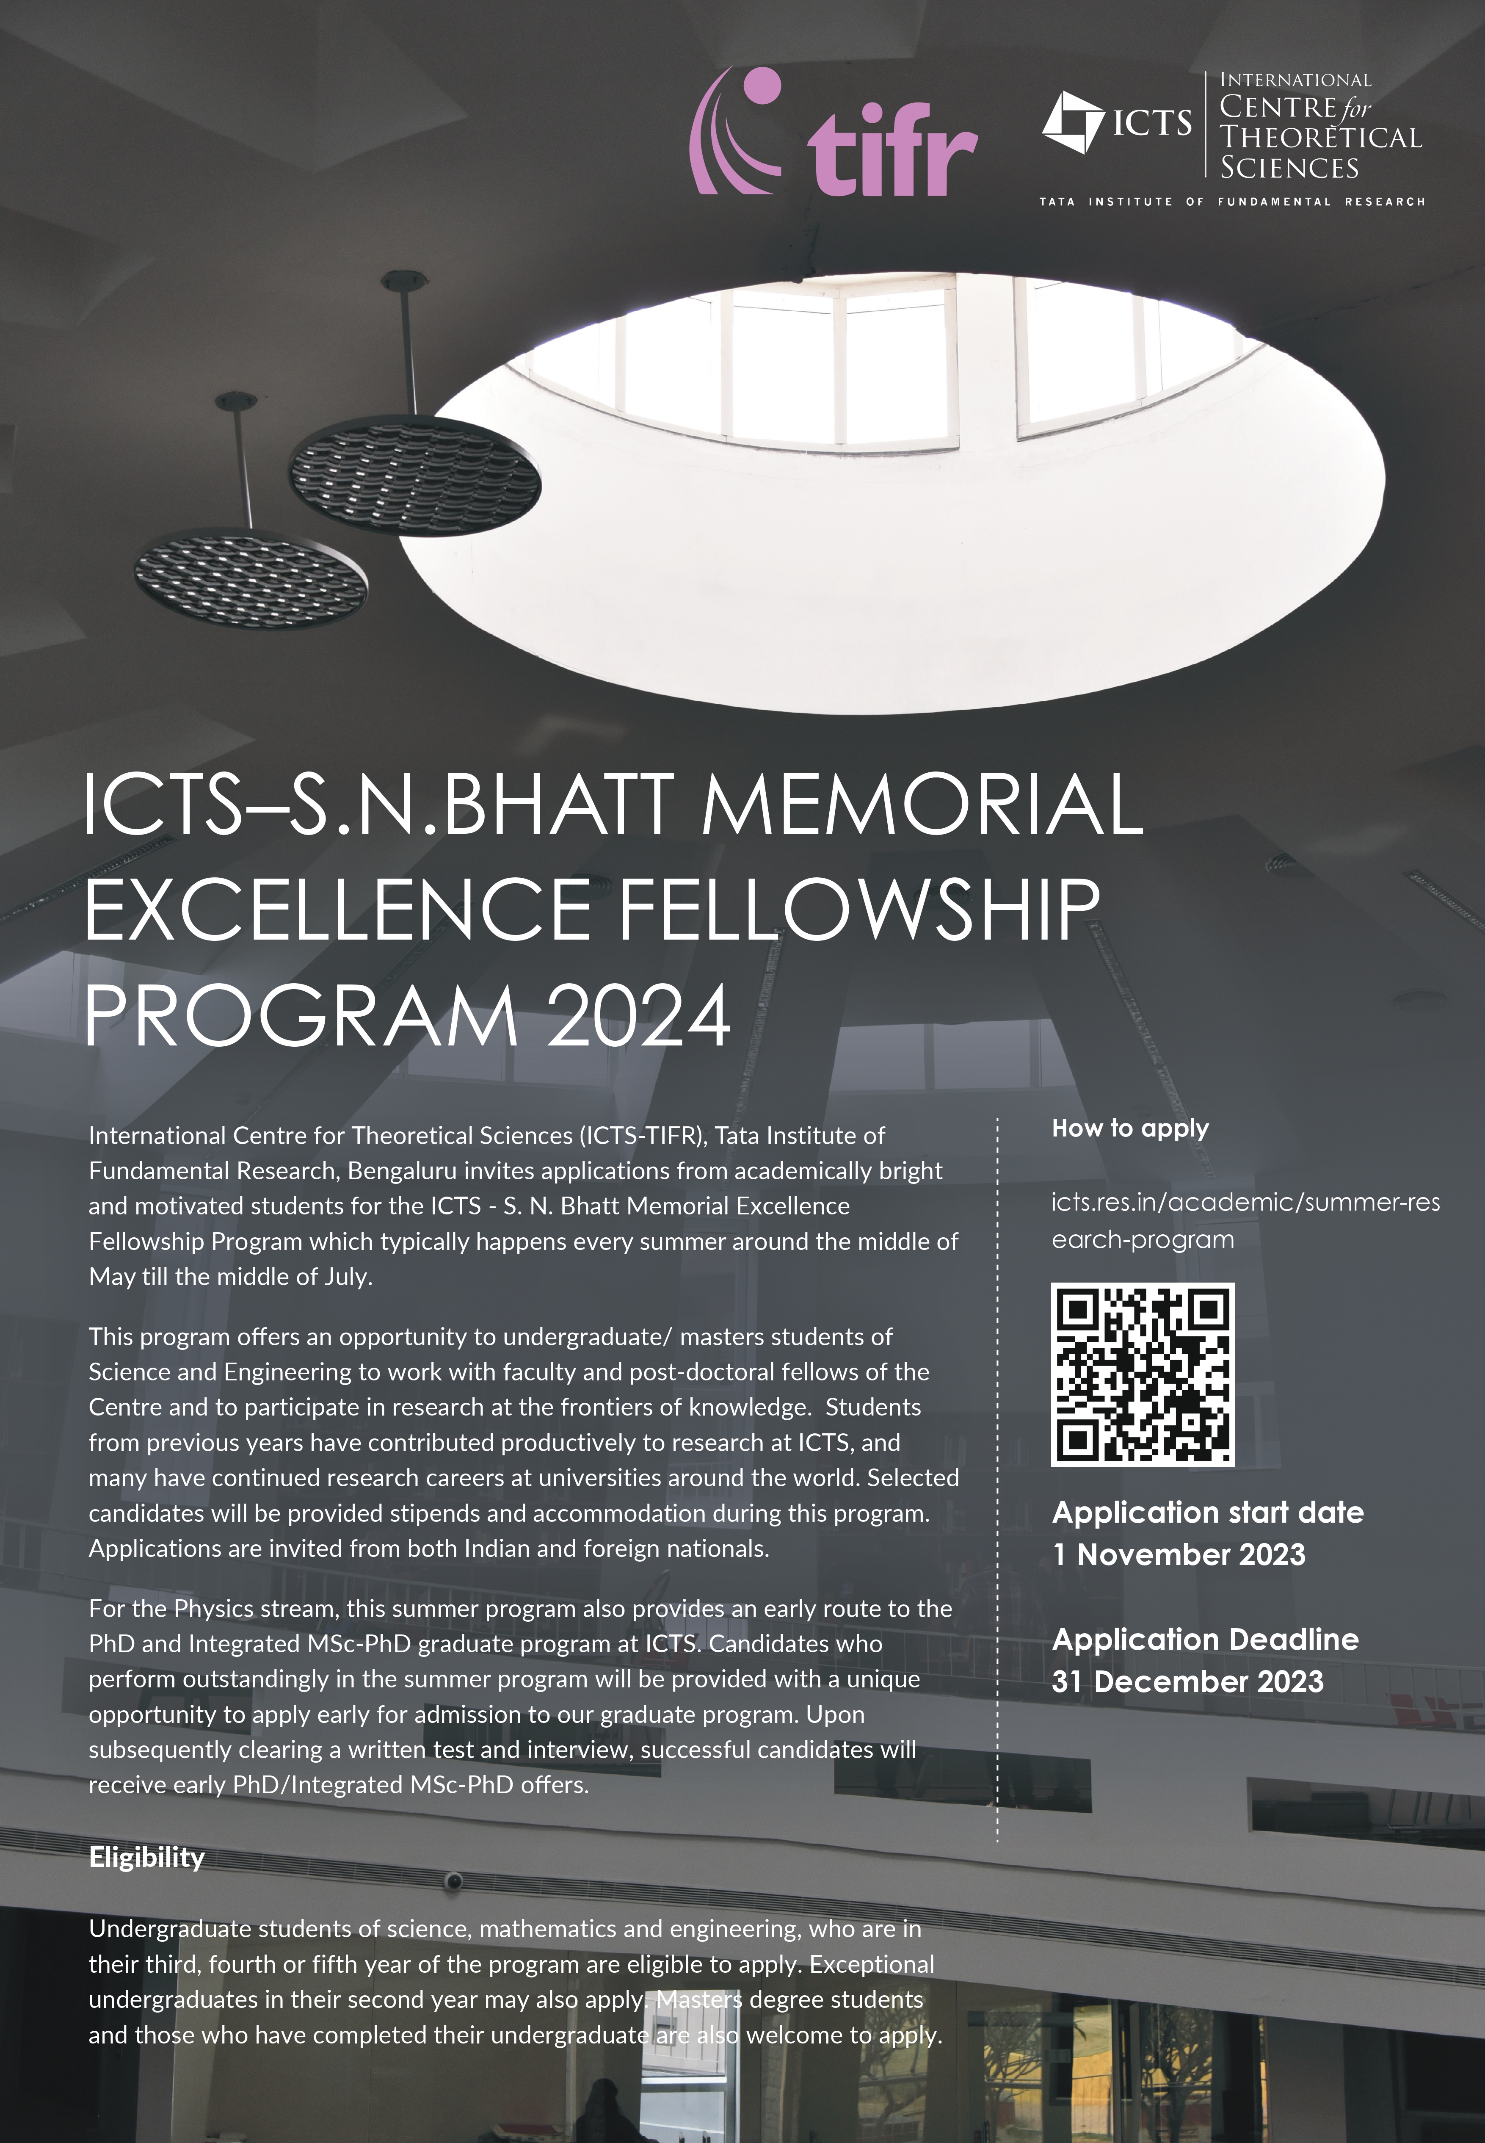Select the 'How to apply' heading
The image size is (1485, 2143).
coord(1129,1129)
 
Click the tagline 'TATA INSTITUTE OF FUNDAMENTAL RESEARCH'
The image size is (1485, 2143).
coord(1232,201)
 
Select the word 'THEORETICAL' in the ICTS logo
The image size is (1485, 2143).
coord(1320,138)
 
